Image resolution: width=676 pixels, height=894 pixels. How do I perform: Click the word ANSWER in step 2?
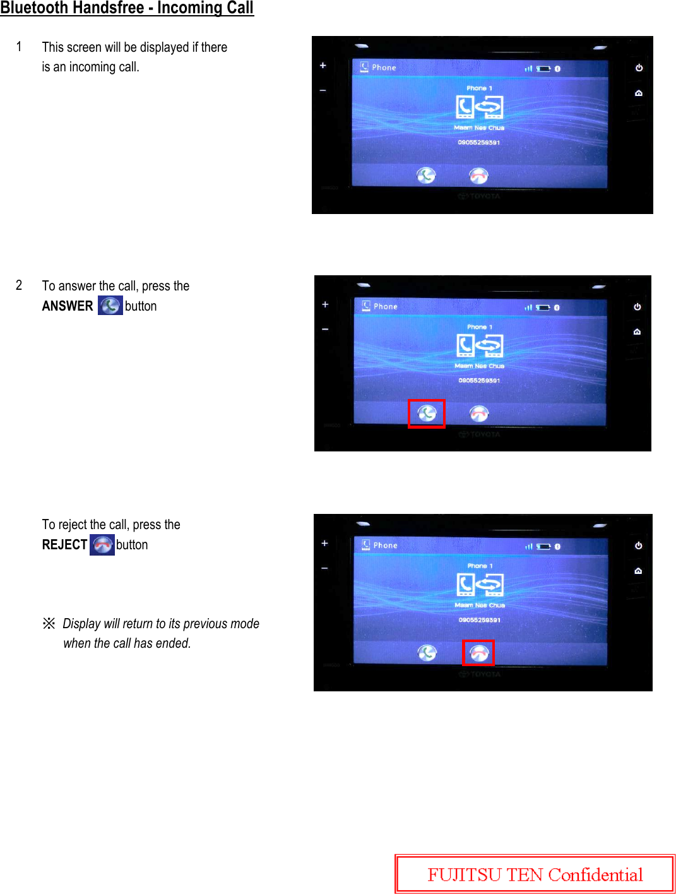[x=67, y=306]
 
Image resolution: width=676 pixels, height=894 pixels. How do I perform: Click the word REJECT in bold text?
[x=64, y=545]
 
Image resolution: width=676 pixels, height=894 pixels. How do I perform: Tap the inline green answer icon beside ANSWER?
[x=110, y=306]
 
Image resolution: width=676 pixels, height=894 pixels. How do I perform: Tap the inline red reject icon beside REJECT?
[x=102, y=545]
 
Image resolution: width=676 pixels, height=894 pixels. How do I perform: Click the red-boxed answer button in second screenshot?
[x=427, y=414]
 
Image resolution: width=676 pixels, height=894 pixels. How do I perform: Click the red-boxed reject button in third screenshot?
[x=478, y=653]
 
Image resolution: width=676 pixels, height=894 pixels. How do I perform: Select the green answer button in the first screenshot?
[x=426, y=176]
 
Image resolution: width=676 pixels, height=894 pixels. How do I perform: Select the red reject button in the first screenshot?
[x=478, y=176]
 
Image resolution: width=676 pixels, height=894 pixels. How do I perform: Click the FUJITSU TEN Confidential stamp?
[x=535, y=874]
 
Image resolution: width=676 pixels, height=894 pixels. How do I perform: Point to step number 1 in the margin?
[x=19, y=47]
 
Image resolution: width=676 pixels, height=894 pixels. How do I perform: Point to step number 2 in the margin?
[x=19, y=285]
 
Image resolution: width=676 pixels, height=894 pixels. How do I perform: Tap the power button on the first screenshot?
[x=639, y=68]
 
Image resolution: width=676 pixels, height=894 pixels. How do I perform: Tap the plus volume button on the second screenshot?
[x=325, y=304]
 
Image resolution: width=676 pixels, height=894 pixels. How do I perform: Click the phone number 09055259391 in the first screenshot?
[x=478, y=143]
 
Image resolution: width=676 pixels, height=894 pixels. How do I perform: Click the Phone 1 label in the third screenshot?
[x=480, y=566]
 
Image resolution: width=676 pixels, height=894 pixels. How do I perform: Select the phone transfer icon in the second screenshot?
[x=479, y=345]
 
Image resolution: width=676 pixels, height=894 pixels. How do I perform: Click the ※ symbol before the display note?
[x=49, y=624]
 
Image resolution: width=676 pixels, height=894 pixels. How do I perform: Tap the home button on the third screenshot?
[x=638, y=571]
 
